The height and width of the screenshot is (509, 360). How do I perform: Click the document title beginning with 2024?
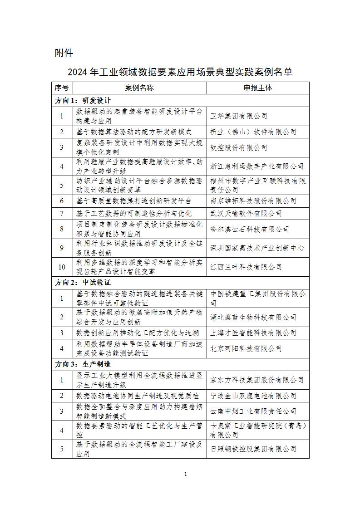coord(180,72)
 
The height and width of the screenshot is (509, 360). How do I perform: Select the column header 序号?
coord(62,88)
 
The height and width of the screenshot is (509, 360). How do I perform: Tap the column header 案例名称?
coord(139,88)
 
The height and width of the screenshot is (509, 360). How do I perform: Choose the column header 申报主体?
coord(257,88)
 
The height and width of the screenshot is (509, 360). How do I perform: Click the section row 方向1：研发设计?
coord(83,100)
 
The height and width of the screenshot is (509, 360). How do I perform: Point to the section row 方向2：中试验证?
coord(83,282)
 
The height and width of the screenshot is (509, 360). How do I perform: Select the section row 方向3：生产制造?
coord(83,364)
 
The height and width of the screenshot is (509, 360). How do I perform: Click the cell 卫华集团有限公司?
coord(239,116)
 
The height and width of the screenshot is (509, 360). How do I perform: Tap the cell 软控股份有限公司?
coord(239,147)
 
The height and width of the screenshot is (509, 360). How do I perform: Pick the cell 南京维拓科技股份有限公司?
coord(253,201)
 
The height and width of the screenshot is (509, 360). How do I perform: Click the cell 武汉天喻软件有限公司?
coord(246,213)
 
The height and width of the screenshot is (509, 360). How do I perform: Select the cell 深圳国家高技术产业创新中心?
coord(257,248)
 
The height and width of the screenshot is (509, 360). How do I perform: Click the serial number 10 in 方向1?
coord(62,267)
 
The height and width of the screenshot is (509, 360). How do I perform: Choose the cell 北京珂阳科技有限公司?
coord(246,348)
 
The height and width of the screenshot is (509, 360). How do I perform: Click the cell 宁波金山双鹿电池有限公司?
coord(253,396)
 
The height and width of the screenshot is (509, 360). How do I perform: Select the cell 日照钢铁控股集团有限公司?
coord(253,449)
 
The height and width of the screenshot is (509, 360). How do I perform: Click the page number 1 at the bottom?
coord(186,474)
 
